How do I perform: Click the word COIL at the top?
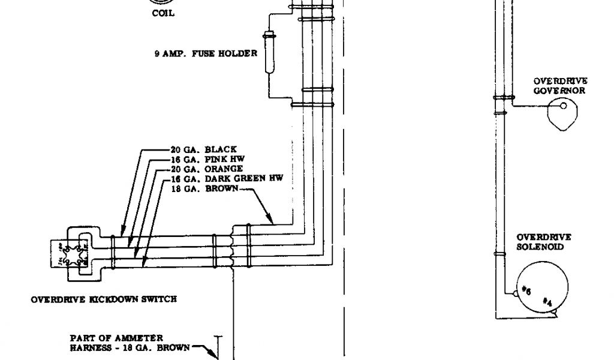pyautogui.click(x=163, y=13)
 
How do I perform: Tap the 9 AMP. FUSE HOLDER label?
pyautogui.click(x=206, y=53)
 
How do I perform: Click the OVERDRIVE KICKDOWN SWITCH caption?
pyautogui.click(x=104, y=299)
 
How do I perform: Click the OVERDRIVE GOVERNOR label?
pyautogui.click(x=560, y=86)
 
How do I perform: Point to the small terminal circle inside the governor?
pyautogui.click(x=563, y=106)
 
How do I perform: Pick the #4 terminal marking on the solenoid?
pyautogui.click(x=547, y=301)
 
